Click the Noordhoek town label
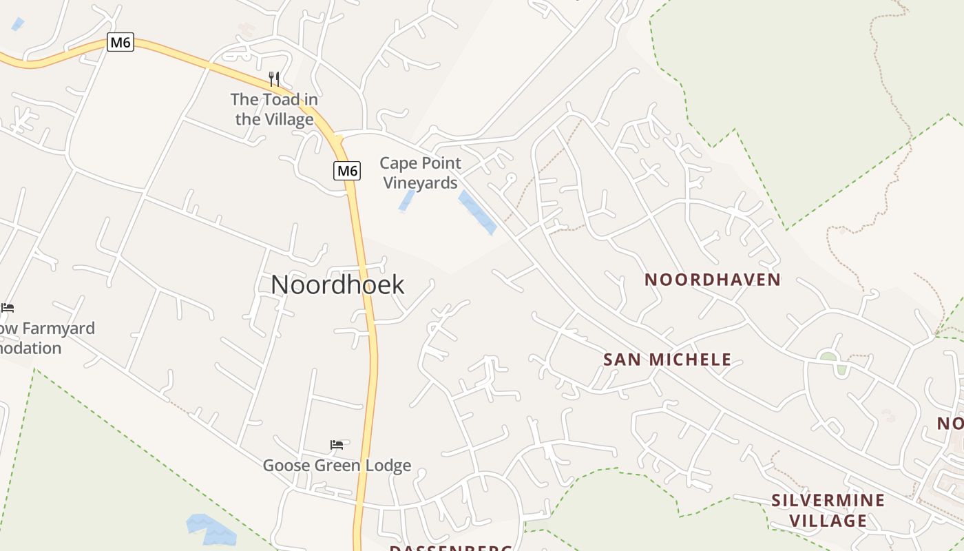pyautogui.click(x=337, y=284)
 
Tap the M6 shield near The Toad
pyautogui.click(x=120, y=42)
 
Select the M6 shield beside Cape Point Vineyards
pyautogui.click(x=347, y=170)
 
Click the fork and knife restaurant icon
pyautogui.click(x=274, y=79)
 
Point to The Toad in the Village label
pyautogui.click(x=274, y=110)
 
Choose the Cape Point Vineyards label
pyautogui.click(x=420, y=173)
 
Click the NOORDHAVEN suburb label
pyautogui.click(x=712, y=280)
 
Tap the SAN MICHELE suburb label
pyautogui.click(x=667, y=360)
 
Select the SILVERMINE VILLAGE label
pyautogui.click(x=828, y=510)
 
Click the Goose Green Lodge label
pyautogui.click(x=337, y=466)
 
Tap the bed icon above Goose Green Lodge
pyautogui.click(x=337, y=445)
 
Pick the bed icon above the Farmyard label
pyautogui.click(x=8, y=307)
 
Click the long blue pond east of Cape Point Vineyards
pyautogui.click(x=477, y=213)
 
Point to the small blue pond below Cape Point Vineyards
pyautogui.click(x=407, y=200)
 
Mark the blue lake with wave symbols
pyautogui.click(x=211, y=529)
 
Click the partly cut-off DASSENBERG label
pyautogui.click(x=451, y=548)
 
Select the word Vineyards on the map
pyautogui.click(x=420, y=183)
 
